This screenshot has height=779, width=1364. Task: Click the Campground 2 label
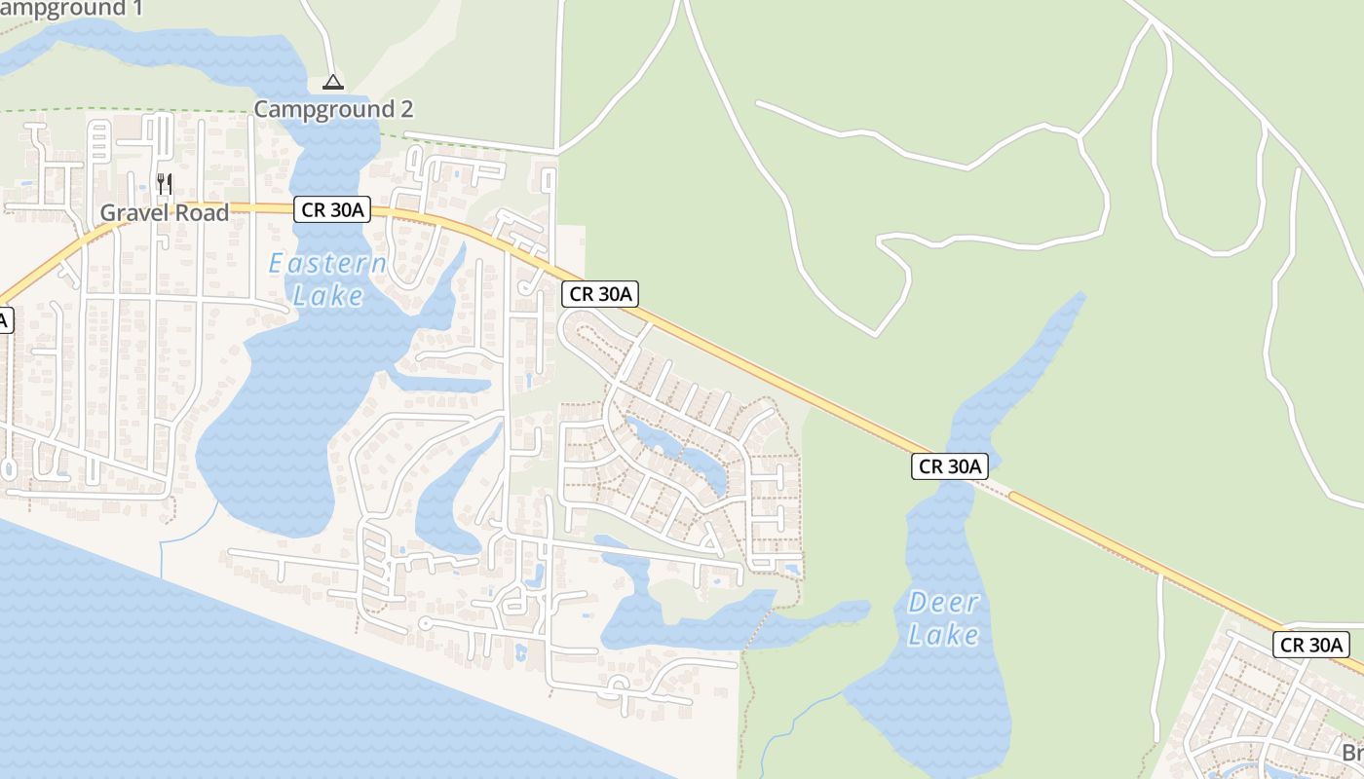[333, 109]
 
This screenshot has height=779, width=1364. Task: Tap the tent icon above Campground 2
[333, 83]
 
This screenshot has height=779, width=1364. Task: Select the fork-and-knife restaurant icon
[165, 182]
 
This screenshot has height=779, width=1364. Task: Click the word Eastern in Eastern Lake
[327, 264]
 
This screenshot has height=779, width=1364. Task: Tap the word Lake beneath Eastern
[328, 296]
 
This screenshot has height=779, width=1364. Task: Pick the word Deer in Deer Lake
[943, 603]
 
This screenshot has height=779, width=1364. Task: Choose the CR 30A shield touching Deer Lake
[950, 466]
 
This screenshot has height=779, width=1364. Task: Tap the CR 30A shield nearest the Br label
[1311, 644]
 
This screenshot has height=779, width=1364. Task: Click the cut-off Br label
[1352, 753]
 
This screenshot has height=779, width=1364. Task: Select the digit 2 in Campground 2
[406, 109]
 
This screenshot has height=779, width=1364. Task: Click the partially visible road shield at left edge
[6, 319]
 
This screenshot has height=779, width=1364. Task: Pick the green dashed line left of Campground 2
[127, 110]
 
